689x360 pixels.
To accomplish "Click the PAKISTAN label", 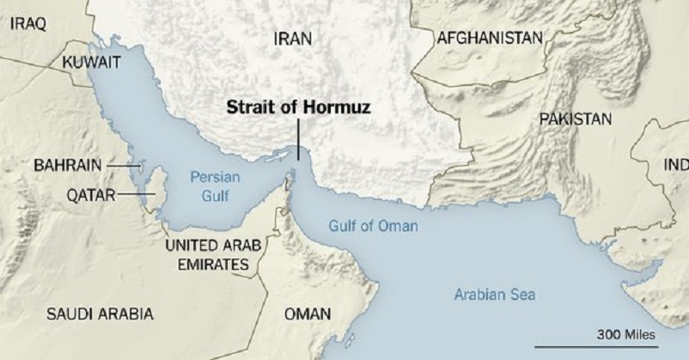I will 575,119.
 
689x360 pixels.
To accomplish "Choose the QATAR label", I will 91,194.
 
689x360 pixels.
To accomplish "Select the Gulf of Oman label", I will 374,227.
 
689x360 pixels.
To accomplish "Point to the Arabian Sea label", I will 494,296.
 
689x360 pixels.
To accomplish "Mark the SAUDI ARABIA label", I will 100,313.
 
